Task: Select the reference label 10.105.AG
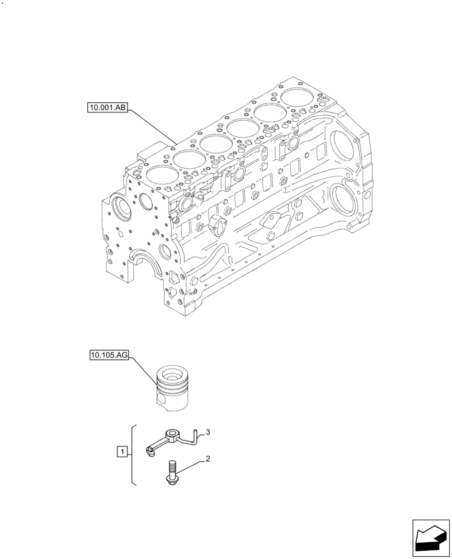(109, 355)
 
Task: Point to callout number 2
(208, 459)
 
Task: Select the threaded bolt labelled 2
(171, 471)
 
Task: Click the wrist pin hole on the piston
(162, 400)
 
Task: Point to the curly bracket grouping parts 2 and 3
(133, 454)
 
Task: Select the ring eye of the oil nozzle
(172, 432)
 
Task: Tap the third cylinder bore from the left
(215, 143)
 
